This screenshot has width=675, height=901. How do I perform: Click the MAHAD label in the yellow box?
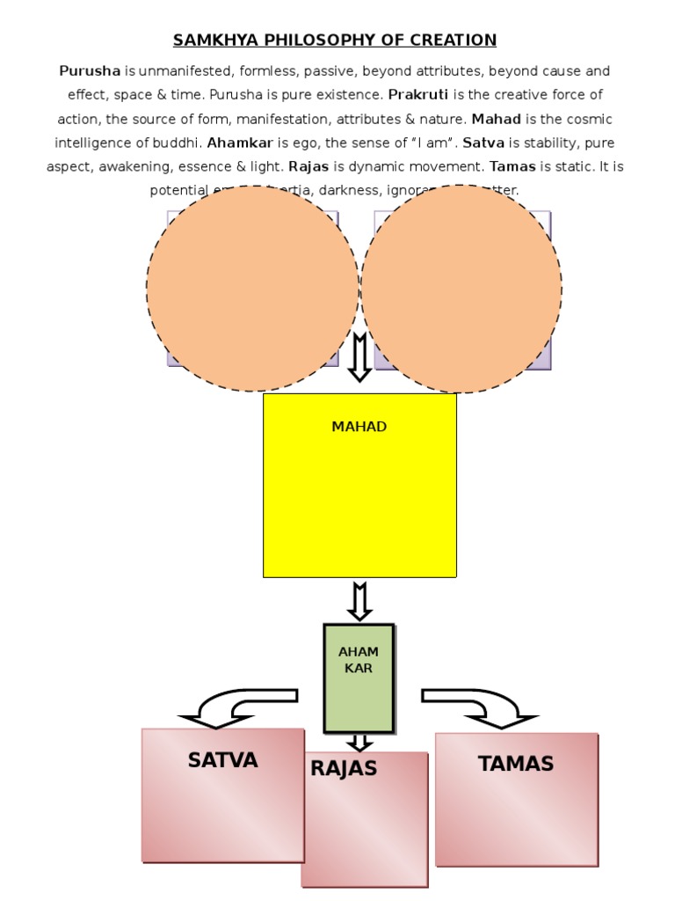point(359,428)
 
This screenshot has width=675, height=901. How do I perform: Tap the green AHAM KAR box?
point(359,678)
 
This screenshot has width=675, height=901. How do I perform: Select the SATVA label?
point(222,760)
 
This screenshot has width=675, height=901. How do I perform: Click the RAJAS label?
point(344,769)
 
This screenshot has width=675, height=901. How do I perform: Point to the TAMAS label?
point(516,764)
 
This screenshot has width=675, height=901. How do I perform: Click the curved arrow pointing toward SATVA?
point(234,707)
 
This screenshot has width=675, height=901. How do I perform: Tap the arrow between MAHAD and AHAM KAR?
point(359,601)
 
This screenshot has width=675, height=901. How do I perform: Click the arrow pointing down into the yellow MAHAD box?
point(359,357)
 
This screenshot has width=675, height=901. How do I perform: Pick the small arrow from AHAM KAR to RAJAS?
point(359,742)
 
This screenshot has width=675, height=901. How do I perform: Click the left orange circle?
point(252,289)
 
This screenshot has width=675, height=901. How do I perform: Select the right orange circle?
point(461,289)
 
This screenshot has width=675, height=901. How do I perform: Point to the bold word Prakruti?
point(418,94)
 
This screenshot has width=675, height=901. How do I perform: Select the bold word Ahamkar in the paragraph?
point(240,142)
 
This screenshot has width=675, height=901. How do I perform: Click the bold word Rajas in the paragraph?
point(308,165)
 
